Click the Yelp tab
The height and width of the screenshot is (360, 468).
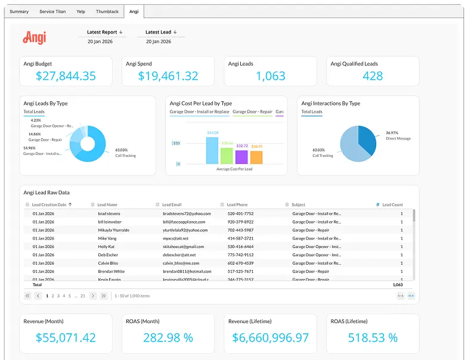pyautogui.click(x=80, y=11)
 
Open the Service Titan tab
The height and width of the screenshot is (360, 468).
pyautogui.click(x=52, y=11)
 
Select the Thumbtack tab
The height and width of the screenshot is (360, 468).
pyautogui.click(x=107, y=11)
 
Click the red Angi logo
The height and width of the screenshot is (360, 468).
pyautogui.click(x=35, y=38)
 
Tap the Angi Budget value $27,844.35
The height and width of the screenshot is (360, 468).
pyautogui.click(x=66, y=76)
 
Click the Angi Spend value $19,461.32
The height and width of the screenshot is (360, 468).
pyautogui.click(x=168, y=76)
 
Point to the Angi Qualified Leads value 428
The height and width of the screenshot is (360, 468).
pyautogui.click(x=373, y=76)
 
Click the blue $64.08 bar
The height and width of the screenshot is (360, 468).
pyautogui.click(x=212, y=150)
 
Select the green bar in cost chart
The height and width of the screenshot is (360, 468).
pyautogui.click(x=227, y=156)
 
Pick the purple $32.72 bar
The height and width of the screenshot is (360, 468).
pyautogui.click(x=241, y=157)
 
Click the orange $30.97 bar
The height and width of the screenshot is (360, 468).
pyautogui.click(x=256, y=157)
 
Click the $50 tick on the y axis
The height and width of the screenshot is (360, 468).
pyautogui.click(x=176, y=143)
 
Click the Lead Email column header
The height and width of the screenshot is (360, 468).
pyautogui.click(x=172, y=204)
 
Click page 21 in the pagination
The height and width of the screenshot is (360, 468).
pyautogui.click(x=83, y=296)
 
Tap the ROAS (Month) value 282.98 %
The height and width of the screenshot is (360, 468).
pyautogui.click(x=168, y=338)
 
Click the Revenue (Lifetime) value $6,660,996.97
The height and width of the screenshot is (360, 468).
pyautogui.click(x=271, y=338)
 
